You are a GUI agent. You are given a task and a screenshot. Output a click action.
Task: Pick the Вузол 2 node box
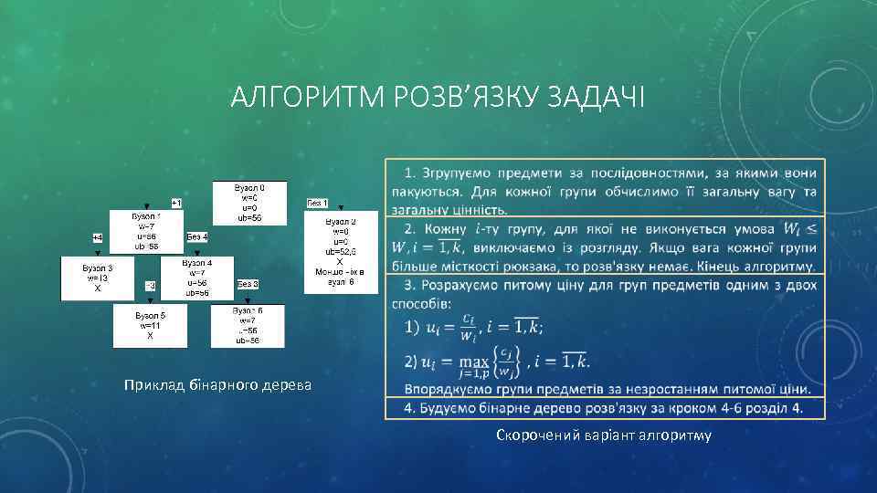pyautogui.click(x=340, y=252)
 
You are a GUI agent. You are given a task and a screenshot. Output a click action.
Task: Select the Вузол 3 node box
pyautogui.click(x=98, y=278)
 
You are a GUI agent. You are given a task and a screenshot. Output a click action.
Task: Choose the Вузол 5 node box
pyautogui.click(x=150, y=325)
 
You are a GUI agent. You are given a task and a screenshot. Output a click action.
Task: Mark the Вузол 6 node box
pyautogui.click(x=248, y=326)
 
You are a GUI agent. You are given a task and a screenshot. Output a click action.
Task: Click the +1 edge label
pyautogui.click(x=176, y=202)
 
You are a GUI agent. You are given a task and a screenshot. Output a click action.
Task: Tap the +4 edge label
pyautogui.click(x=97, y=237)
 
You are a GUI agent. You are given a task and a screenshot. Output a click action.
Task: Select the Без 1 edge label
pyautogui.click(x=317, y=202)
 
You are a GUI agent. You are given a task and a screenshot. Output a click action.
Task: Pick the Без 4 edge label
pyautogui.click(x=197, y=237)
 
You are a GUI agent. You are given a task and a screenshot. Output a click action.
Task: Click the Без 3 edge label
pyautogui.click(x=248, y=285)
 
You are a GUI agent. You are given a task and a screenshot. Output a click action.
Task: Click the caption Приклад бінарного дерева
pyautogui.click(x=218, y=385)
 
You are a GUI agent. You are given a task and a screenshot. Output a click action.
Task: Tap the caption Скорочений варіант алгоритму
pyautogui.click(x=604, y=435)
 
